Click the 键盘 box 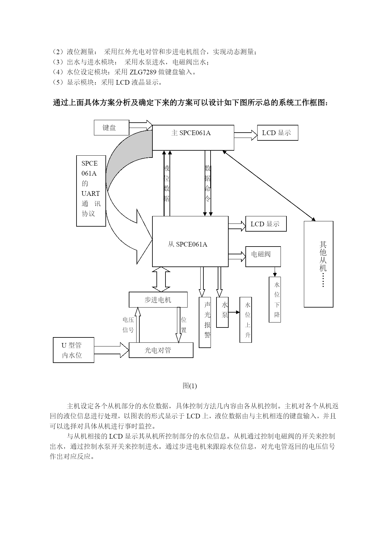[x=112, y=128]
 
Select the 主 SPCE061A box [x=193, y=138]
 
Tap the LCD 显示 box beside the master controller [x=277, y=133]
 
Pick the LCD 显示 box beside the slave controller [x=266, y=224]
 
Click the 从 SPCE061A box [x=190, y=241]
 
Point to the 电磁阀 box [x=263, y=257]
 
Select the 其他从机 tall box [x=319, y=264]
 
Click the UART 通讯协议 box [x=91, y=191]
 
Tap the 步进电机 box [x=158, y=300]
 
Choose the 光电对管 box [x=161, y=350]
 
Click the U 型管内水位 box [x=73, y=350]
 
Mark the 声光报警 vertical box [x=205, y=322]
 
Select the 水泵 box [x=222, y=312]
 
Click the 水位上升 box [x=246, y=320]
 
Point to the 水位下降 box [x=275, y=299]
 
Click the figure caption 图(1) [x=190, y=386]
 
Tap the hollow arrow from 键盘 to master [x=141, y=125]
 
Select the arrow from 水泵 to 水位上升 [x=234, y=312]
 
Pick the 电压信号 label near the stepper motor [x=128, y=325]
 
